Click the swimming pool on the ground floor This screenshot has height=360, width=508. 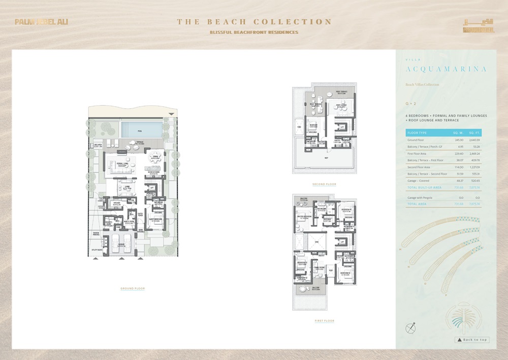pyautogui.click(x=139, y=131)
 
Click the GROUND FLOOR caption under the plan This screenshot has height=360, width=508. pyautogui.click(x=133, y=288)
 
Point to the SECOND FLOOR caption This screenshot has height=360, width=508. pyautogui.click(x=324, y=184)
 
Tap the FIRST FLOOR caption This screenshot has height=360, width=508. pyautogui.click(x=324, y=321)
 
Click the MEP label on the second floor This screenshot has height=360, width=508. pyautogui.click(x=326, y=158)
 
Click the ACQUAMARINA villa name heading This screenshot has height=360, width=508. pyautogui.click(x=439, y=69)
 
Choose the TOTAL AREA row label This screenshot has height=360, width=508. pyautogui.click(x=416, y=204)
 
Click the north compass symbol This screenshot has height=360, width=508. pyautogui.click(x=411, y=328)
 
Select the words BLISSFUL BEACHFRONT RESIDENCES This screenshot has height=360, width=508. pyautogui.click(x=254, y=33)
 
